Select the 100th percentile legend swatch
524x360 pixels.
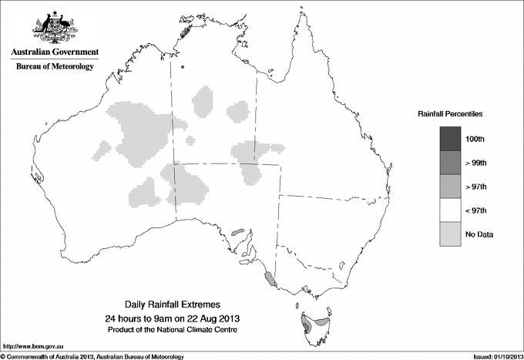click(449, 139)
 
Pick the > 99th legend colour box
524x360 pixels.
click(449, 163)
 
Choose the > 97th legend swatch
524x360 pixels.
click(449, 187)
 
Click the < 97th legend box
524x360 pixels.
click(449, 210)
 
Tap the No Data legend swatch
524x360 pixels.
click(449, 234)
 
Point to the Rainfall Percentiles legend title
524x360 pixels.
click(450, 114)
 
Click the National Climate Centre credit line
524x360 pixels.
click(176, 330)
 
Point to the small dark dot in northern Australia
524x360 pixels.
click(183, 67)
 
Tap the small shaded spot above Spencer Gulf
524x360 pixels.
click(237, 230)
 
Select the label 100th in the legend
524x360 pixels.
click(475, 139)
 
